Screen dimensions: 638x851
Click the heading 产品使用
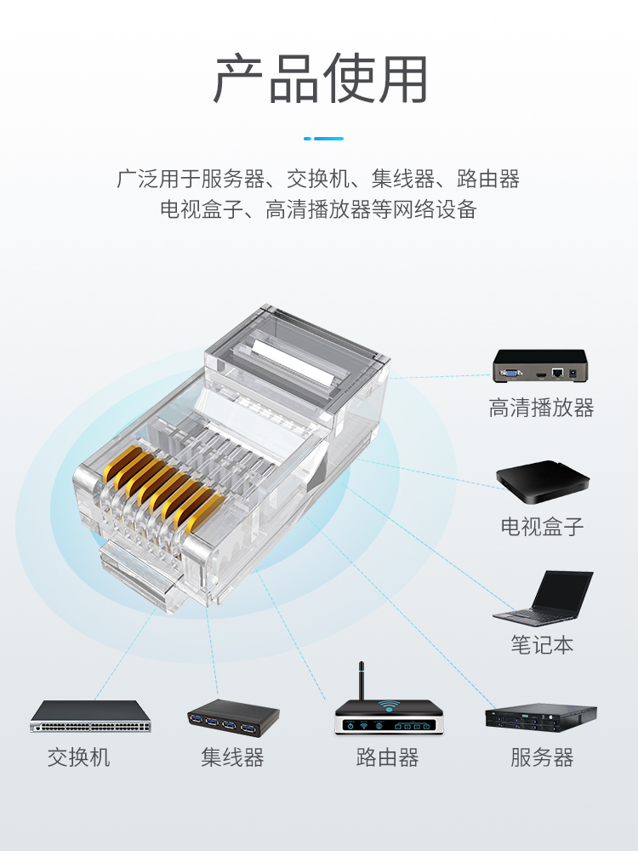point(320,79)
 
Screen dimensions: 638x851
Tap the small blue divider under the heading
point(323,139)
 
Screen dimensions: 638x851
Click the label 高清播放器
point(541,408)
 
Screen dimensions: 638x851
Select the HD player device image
point(540,366)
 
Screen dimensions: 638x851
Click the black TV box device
point(543,482)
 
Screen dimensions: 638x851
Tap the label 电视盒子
point(541,527)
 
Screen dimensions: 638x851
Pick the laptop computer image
point(543,597)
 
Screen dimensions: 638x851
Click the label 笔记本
point(542,645)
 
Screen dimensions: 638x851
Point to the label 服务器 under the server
point(542,757)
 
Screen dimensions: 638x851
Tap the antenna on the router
point(362,681)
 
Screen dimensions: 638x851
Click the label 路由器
point(387,757)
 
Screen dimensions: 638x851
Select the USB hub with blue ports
point(233,717)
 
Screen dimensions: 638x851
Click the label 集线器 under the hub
point(232,757)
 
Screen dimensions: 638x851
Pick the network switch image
point(90,717)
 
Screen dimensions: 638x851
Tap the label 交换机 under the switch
point(78,757)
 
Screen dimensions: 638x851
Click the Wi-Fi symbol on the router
point(389,706)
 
